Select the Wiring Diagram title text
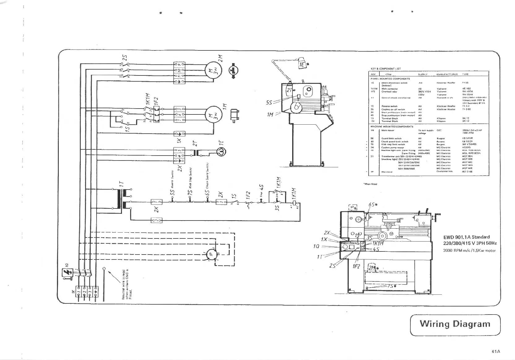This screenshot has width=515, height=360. pyautogui.click(x=455, y=324)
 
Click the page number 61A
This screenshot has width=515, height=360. pyautogui.click(x=496, y=351)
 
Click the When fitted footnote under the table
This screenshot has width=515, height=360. pyautogui.click(x=370, y=184)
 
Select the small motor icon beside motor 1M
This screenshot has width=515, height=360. pyautogui.click(x=234, y=116)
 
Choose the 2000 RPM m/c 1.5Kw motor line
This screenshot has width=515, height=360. pyautogui.click(x=469, y=250)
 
